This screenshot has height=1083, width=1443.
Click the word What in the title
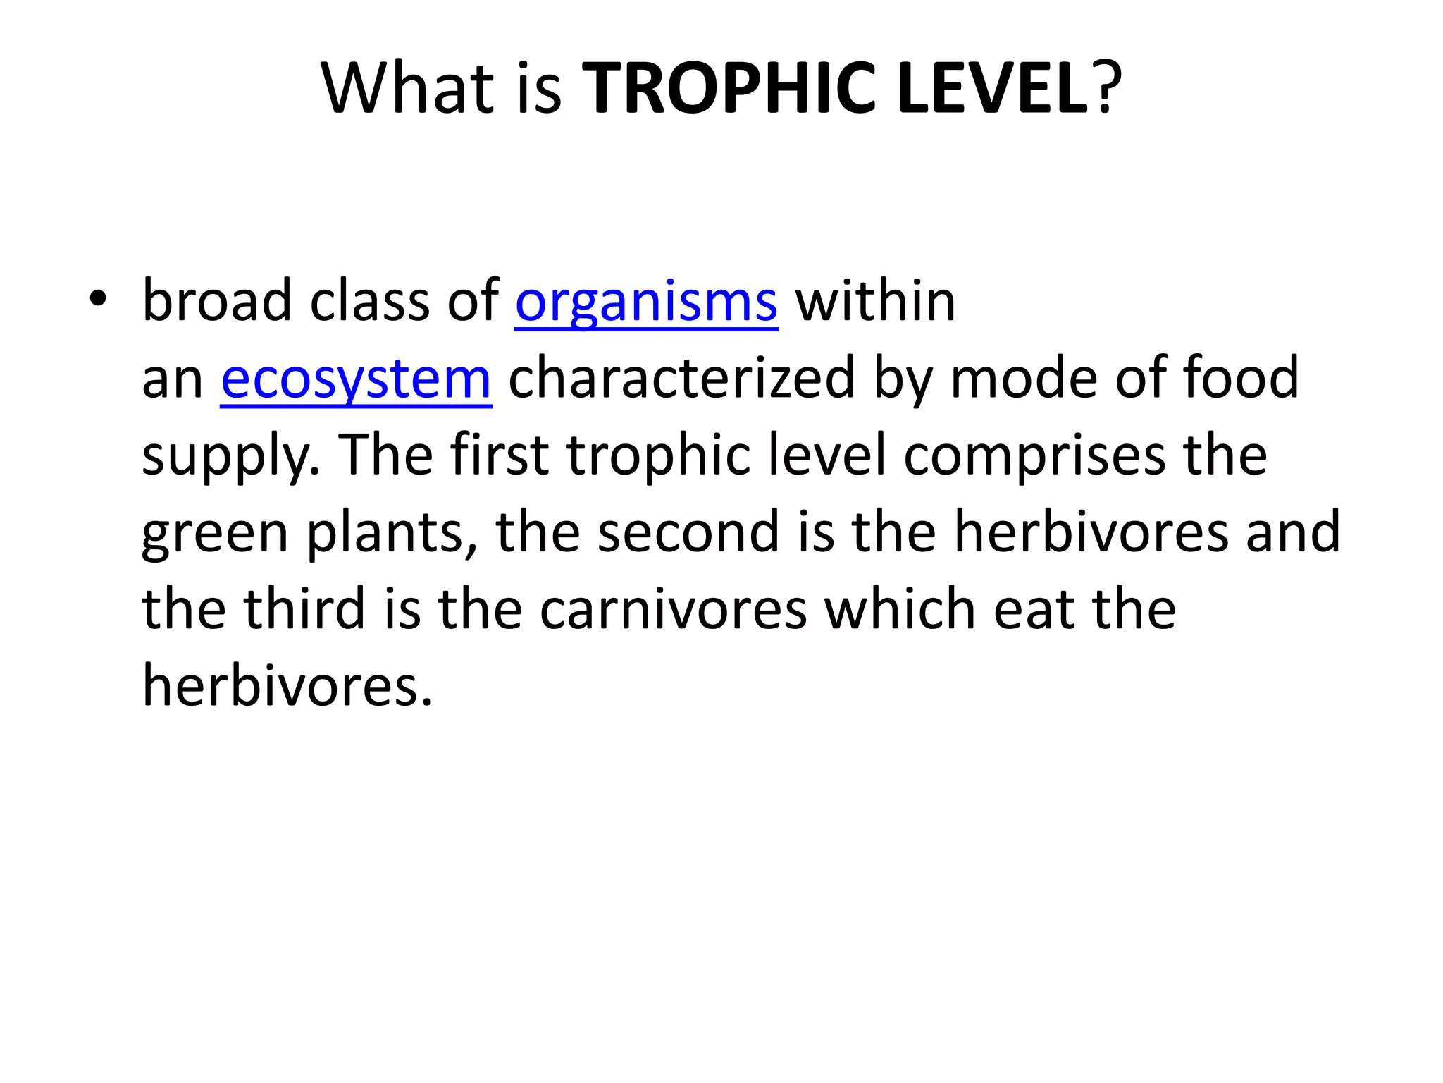(408, 89)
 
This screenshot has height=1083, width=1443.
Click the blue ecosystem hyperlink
(356, 379)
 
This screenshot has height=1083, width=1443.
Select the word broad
(217, 300)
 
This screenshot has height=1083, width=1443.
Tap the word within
(875, 300)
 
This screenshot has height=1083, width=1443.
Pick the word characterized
(682, 379)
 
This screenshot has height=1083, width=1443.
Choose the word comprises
(1034, 457)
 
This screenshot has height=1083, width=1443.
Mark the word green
(215, 534)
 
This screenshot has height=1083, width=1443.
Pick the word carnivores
(674, 611)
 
